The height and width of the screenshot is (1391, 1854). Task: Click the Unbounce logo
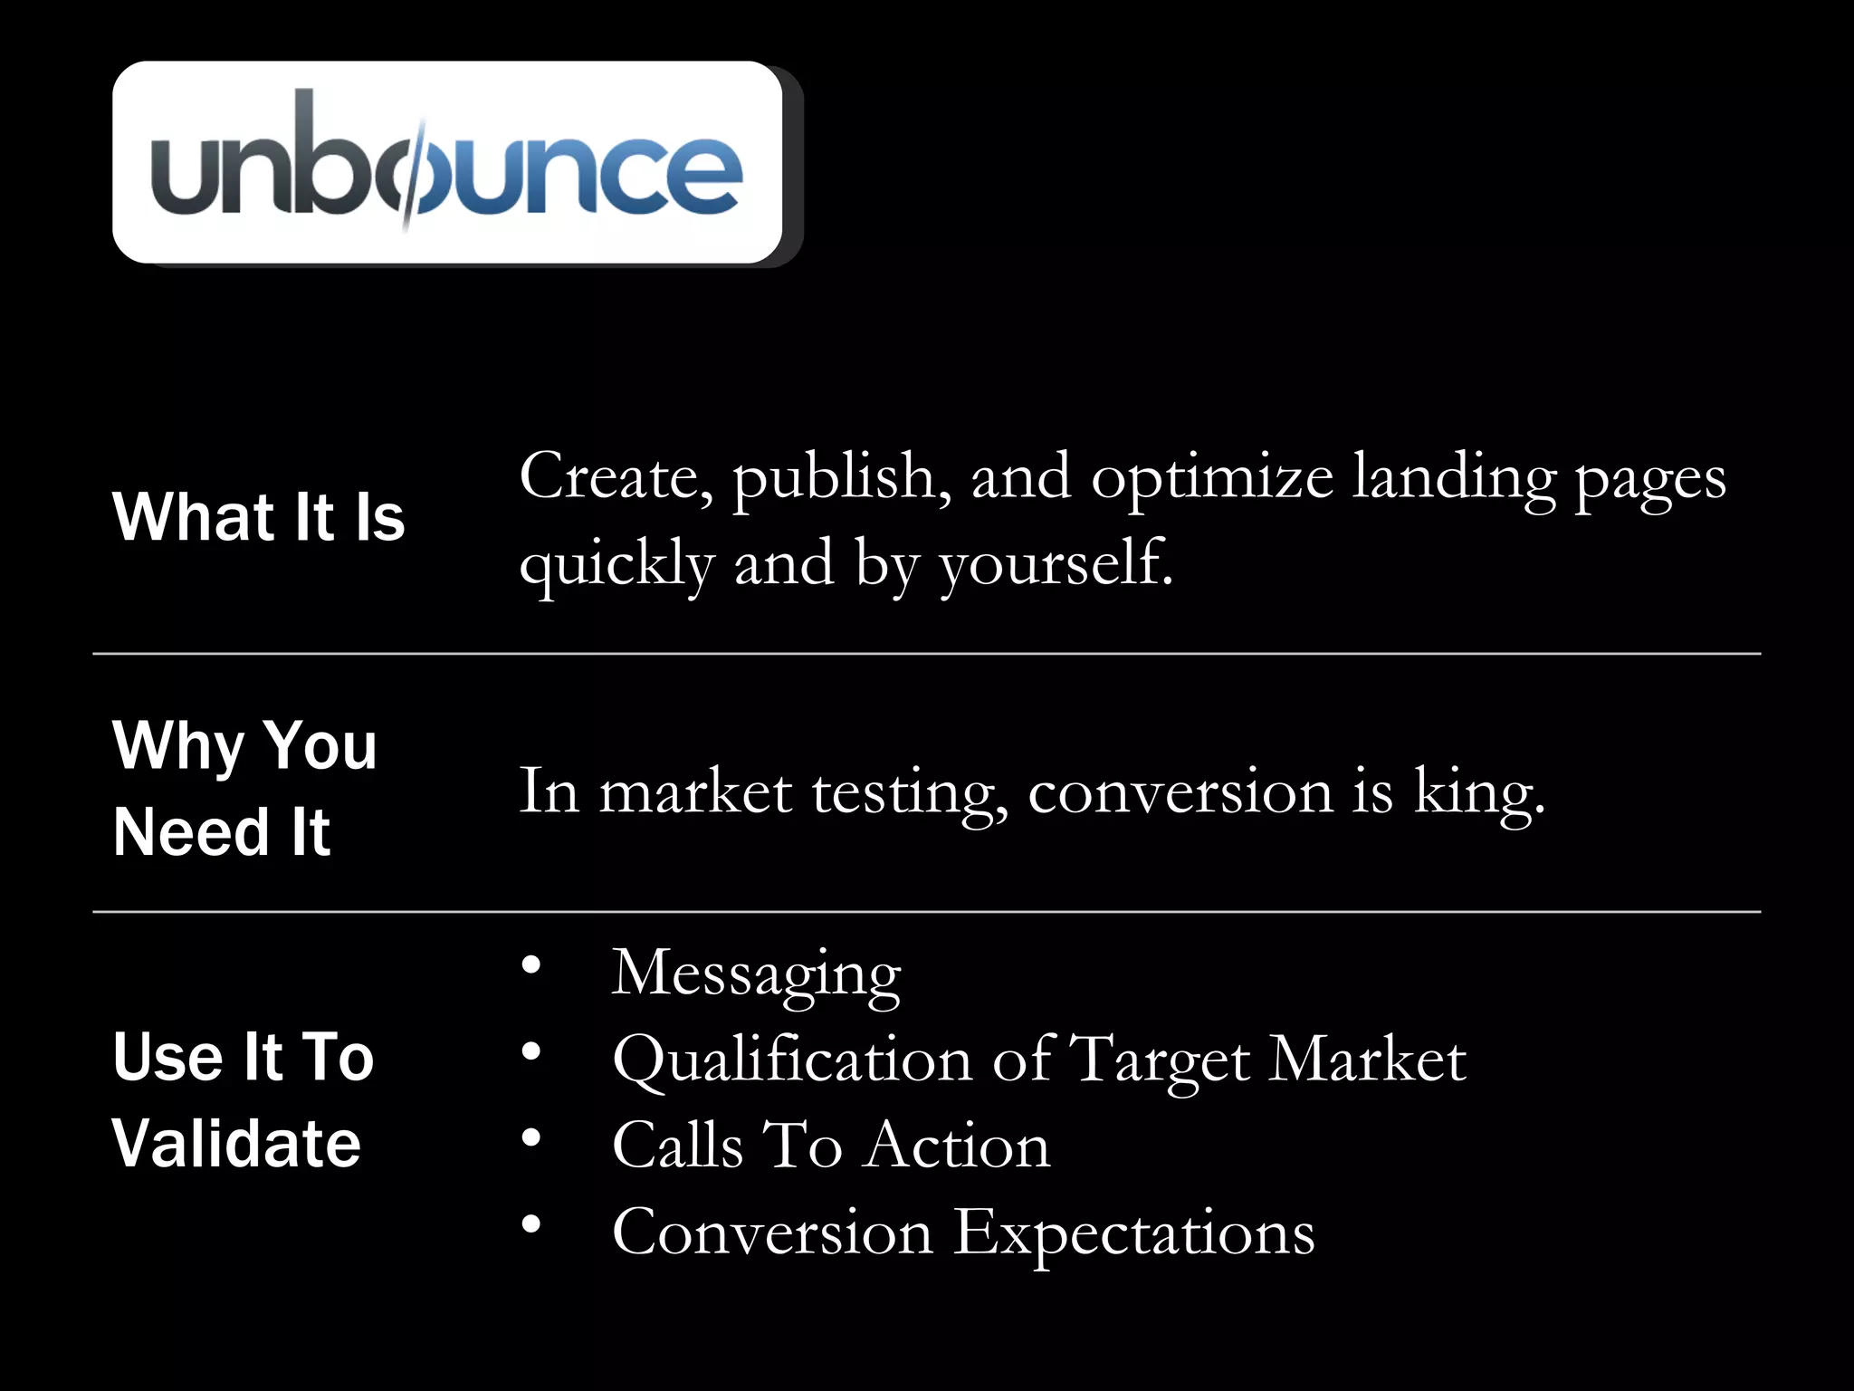tap(447, 163)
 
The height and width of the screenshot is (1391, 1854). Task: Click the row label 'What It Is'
tap(258, 517)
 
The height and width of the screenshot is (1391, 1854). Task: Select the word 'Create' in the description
tap(614, 476)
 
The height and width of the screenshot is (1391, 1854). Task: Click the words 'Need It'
tap(222, 832)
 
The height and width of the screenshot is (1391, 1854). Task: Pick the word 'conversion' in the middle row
tap(1180, 791)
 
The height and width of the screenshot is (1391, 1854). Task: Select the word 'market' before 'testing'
tap(695, 791)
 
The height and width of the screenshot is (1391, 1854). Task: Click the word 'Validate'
tap(236, 1144)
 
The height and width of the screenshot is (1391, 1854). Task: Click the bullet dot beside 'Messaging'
tap(531, 965)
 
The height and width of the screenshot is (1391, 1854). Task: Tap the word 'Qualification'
tap(792, 1060)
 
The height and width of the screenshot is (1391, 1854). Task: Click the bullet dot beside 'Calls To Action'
tap(531, 1138)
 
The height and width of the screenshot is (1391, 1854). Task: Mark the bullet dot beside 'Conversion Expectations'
tap(531, 1224)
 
